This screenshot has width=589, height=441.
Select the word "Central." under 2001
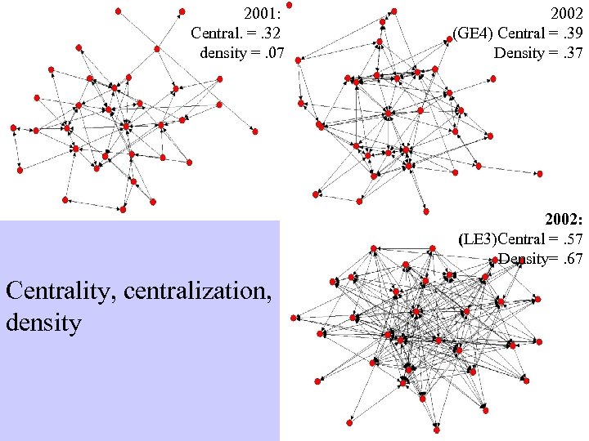point(215,33)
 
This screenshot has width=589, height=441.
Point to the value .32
point(272,33)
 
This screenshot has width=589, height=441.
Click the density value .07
point(272,53)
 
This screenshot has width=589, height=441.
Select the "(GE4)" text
point(479,33)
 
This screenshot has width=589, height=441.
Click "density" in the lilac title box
point(43,323)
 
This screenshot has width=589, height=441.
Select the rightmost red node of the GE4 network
point(540,173)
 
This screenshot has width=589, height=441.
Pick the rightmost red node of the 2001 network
point(255,131)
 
